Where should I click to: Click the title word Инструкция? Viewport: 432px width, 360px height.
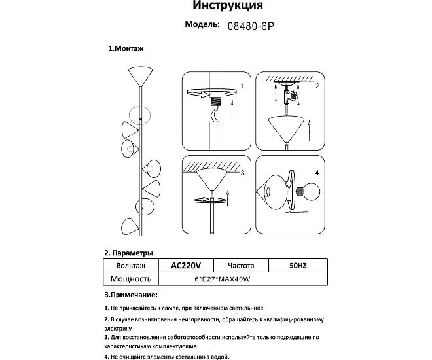[x=228, y=7]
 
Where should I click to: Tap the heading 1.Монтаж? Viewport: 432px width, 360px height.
[x=126, y=49]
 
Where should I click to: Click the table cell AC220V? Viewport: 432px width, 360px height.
[x=185, y=266]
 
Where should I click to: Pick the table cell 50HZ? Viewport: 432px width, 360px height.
[x=297, y=266]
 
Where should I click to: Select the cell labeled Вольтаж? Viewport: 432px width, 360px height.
[x=130, y=266]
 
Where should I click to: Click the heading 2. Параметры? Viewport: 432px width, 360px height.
[x=129, y=253]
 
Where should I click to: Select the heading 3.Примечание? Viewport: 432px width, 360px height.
[x=132, y=295]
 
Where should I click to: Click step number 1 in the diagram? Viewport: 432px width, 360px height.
[x=242, y=86]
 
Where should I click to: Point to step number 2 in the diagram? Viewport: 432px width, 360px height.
[x=317, y=86]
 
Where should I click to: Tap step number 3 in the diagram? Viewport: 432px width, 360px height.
[x=242, y=173]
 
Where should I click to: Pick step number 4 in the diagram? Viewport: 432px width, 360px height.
[x=317, y=173]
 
